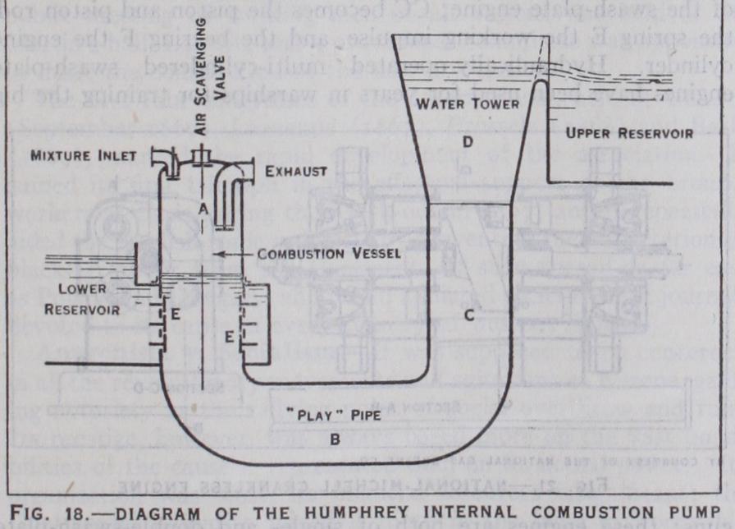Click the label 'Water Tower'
466,104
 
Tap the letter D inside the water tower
467,140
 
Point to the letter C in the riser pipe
469,315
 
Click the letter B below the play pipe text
334,439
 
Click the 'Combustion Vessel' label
329,255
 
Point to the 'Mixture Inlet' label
84,155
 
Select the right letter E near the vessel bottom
229,337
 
